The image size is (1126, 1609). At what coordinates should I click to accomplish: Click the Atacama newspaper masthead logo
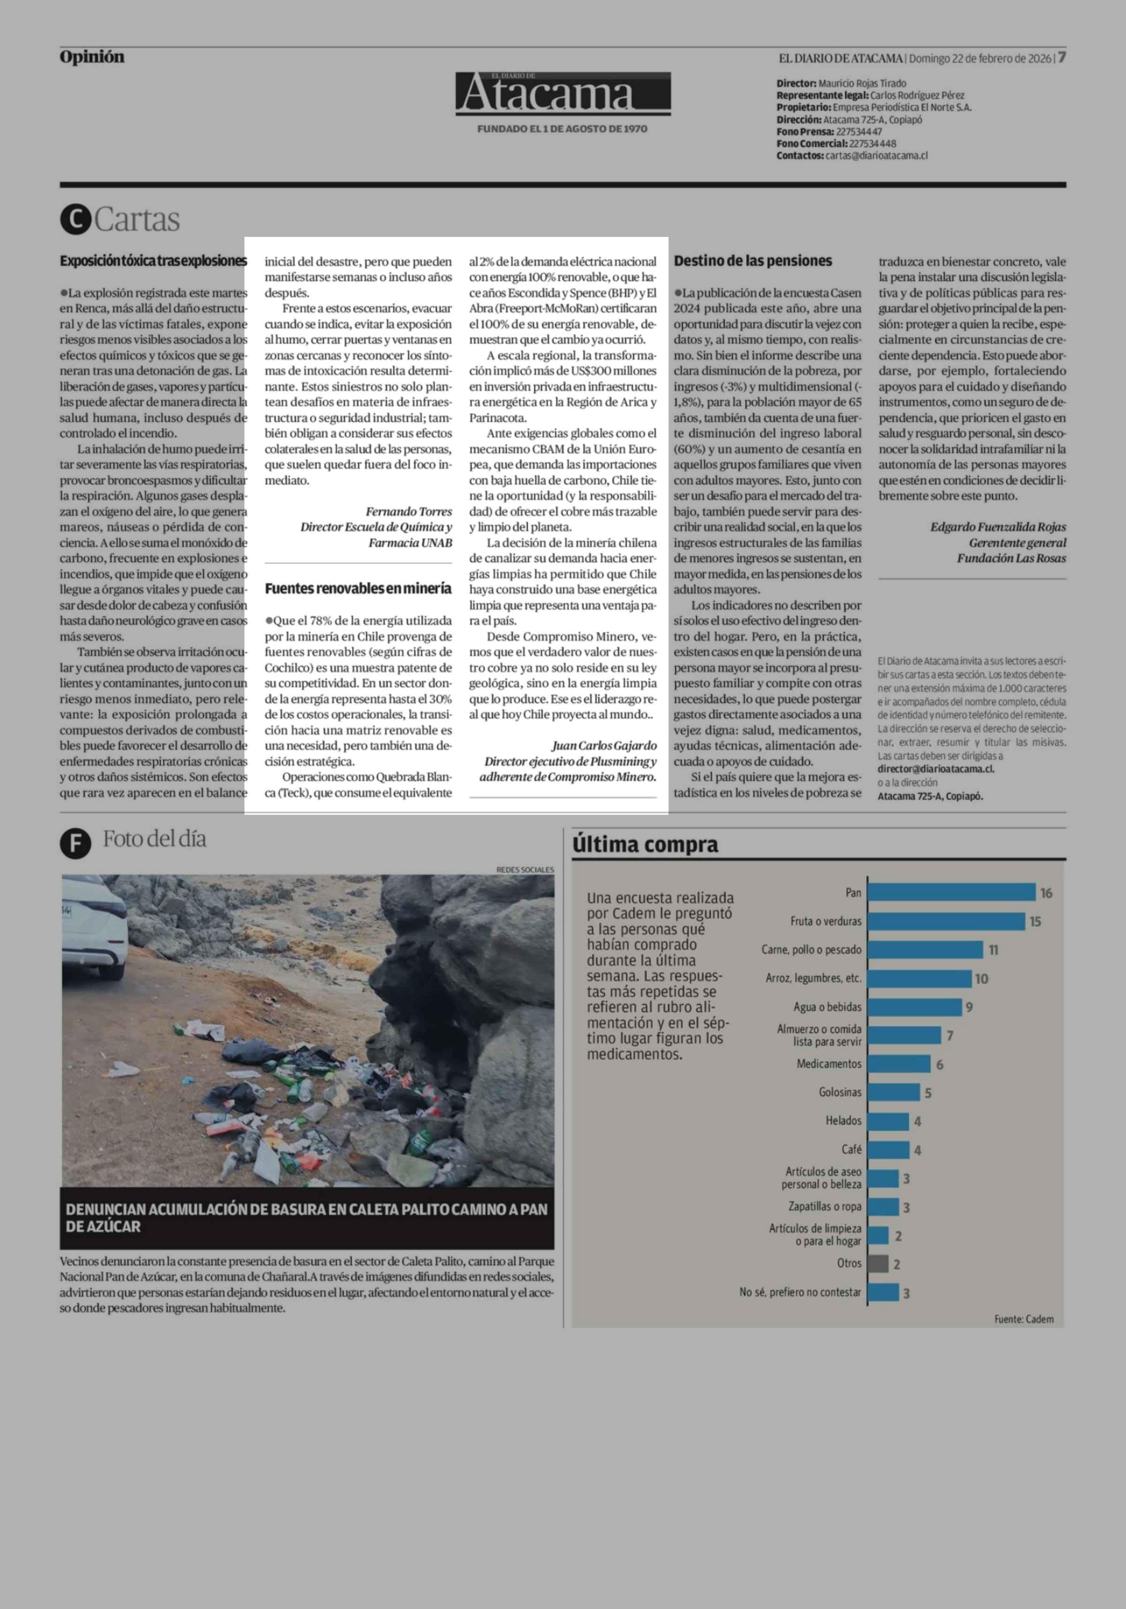pyautogui.click(x=563, y=93)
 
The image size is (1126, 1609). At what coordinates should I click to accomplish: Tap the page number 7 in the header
pyautogui.click(x=1062, y=57)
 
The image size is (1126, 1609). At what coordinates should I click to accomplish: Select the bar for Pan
pyautogui.click(x=951, y=892)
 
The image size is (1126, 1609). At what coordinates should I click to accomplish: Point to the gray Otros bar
pyautogui.click(x=878, y=1264)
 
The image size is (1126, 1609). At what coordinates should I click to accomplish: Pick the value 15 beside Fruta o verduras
pyautogui.click(x=1035, y=921)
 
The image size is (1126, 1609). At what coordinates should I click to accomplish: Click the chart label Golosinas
pyautogui.click(x=839, y=1092)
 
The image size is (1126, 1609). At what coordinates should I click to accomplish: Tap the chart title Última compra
pyautogui.click(x=645, y=844)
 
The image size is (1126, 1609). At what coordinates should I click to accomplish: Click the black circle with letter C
pyautogui.click(x=76, y=220)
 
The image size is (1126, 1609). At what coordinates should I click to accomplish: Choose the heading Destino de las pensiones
pyautogui.click(x=753, y=261)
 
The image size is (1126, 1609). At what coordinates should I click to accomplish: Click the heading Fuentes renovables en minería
pyautogui.click(x=358, y=589)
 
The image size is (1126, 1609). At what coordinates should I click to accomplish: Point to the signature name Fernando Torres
pyautogui.click(x=409, y=512)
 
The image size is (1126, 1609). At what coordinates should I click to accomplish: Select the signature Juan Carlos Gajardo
pyautogui.click(x=604, y=746)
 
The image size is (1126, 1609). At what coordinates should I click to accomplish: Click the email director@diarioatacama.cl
pyautogui.click(x=936, y=769)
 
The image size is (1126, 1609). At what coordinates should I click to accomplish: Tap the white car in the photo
pyautogui.click(x=95, y=925)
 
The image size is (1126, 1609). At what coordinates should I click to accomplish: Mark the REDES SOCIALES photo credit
pyautogui.click(x=525, y=870)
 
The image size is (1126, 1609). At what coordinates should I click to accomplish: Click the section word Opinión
pyautogui.click(x=92, y=57)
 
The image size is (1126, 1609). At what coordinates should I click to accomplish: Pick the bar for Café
pyautogui.click(x=889, y=1149)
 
